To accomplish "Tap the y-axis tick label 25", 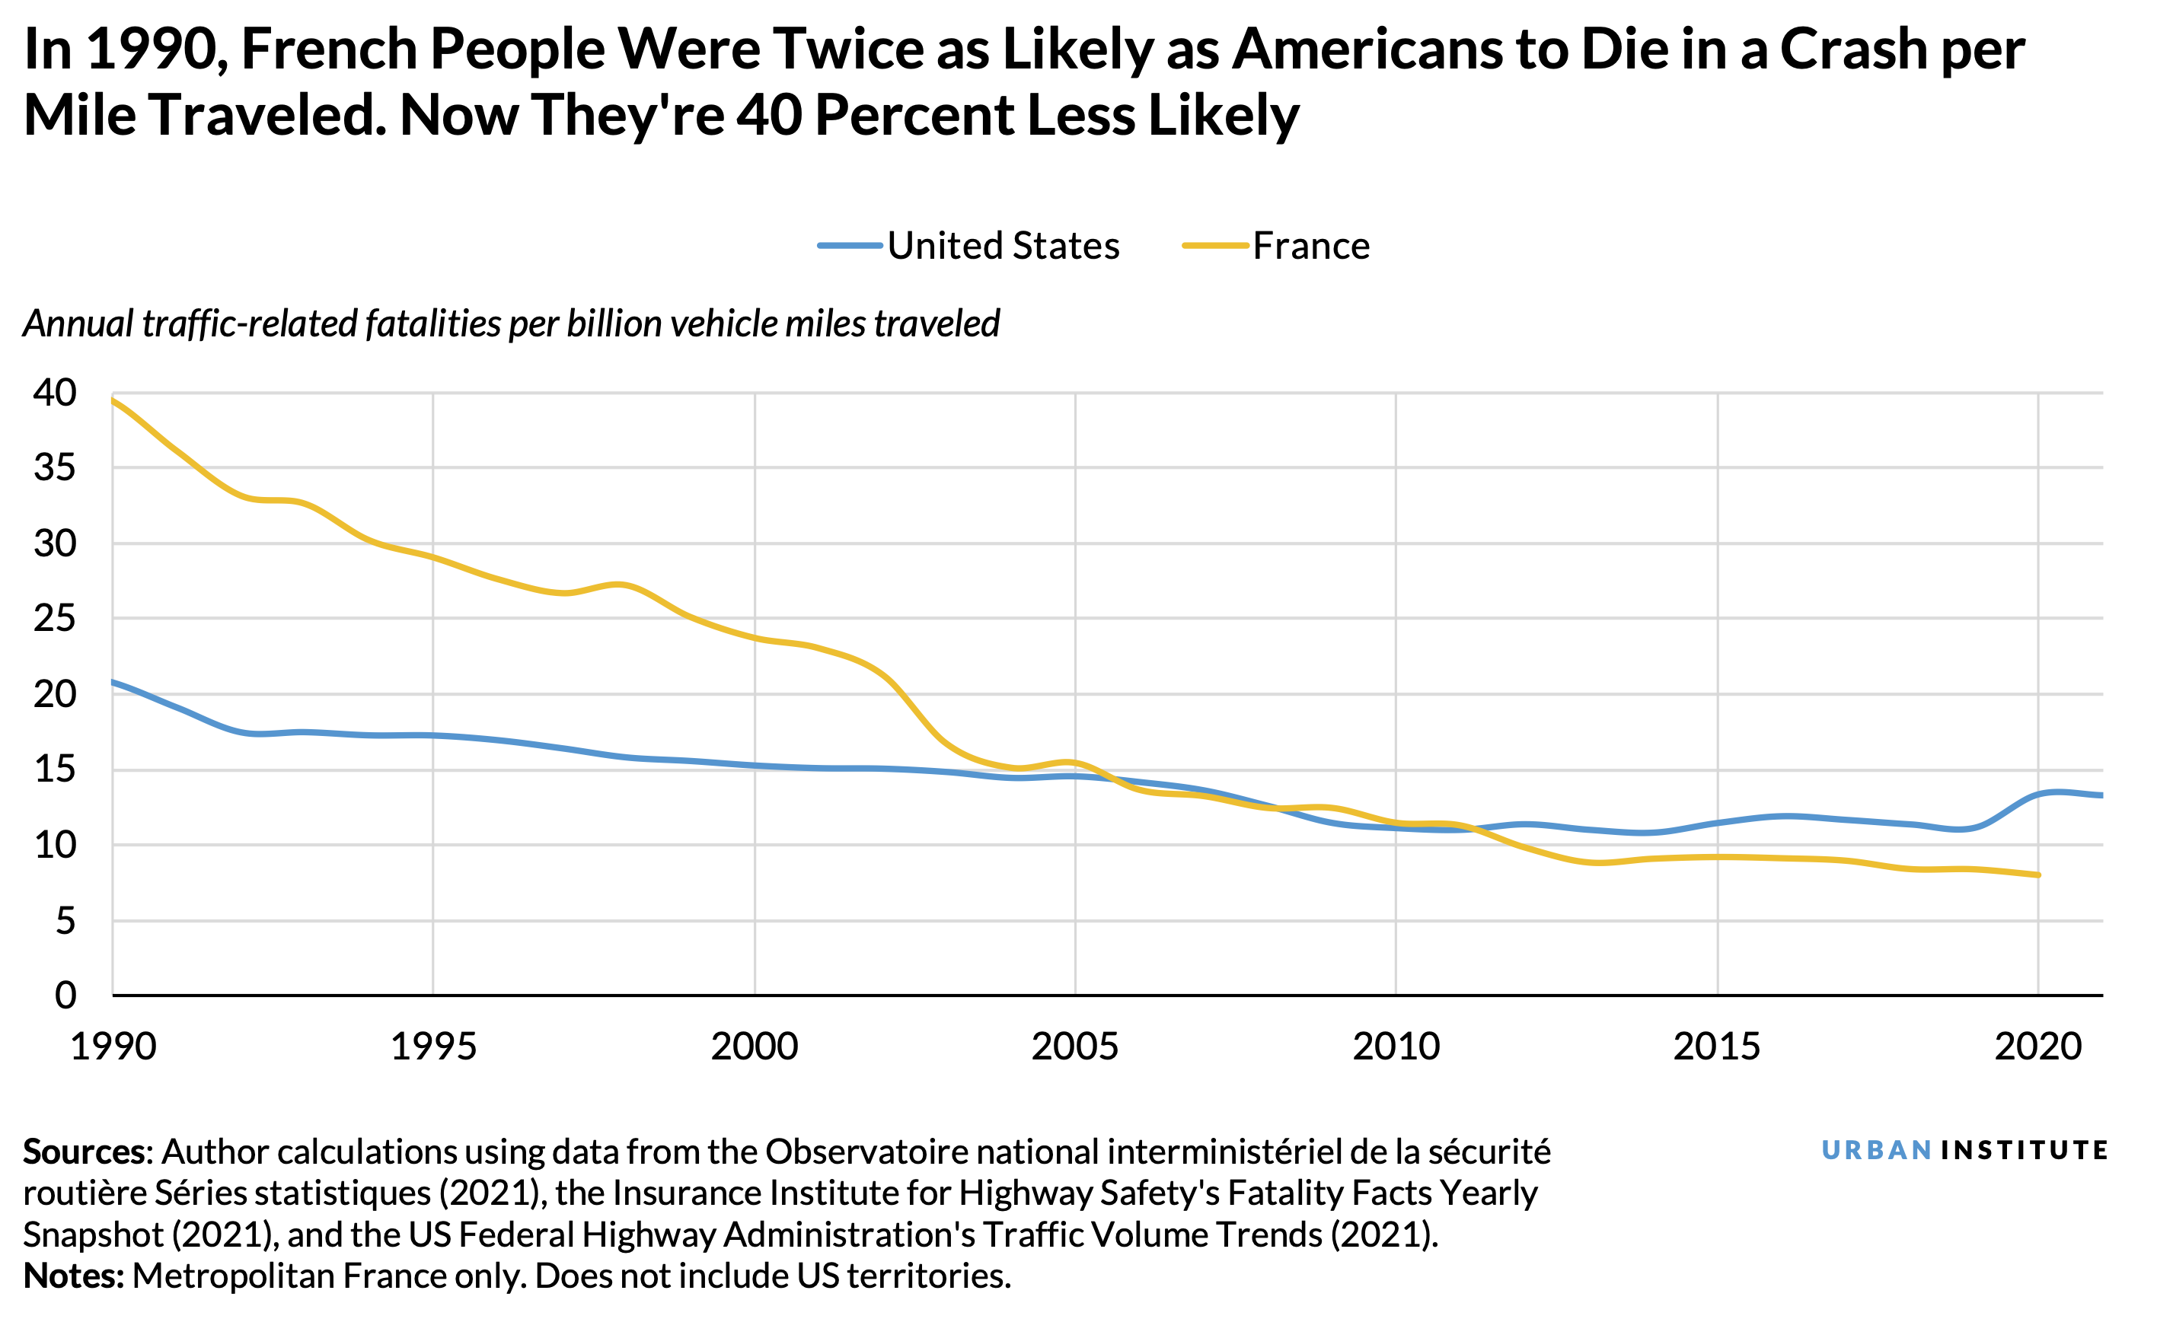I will coord(55,619).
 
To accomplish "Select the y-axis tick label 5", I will coord(65,922).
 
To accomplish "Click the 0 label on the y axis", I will coord(65,996).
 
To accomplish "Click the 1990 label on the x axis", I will coord(113,1047).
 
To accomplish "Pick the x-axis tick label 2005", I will coord(1075,1047).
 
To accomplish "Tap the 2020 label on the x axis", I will coord(2038,1047).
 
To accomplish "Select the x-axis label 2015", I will coord(1717,1047).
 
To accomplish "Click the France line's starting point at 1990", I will coord(113,400).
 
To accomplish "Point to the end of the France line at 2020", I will coord(2038,875).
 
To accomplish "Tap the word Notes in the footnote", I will coord(72,1276).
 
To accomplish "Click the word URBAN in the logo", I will coord(1877,1151).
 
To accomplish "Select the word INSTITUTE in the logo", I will coord(2024,1151).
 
